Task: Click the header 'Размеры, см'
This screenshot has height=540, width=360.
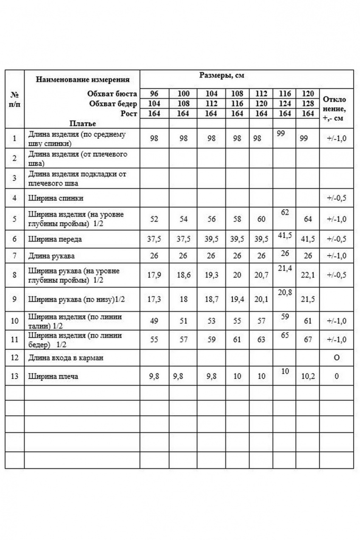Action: point(222,76)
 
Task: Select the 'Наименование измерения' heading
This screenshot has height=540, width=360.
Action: point(82,79)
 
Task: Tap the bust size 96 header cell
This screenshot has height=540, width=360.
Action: point(154,94)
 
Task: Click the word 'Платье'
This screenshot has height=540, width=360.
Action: point(83,124)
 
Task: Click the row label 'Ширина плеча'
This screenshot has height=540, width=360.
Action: point(53,377)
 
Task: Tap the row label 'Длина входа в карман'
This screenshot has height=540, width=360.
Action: point(66,358)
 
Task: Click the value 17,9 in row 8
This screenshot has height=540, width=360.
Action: point(154,275)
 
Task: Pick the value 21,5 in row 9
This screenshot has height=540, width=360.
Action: point(307,300)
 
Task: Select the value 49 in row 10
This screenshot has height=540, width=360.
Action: point(154,321)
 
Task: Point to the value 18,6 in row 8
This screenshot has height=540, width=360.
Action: point(183,275)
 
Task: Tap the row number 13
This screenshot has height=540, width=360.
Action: point(14,377)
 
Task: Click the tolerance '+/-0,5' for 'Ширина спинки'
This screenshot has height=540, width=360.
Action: point(336,198)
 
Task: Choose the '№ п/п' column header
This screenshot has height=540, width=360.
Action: point(14,99)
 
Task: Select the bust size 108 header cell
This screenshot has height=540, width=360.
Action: point(237,94)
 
